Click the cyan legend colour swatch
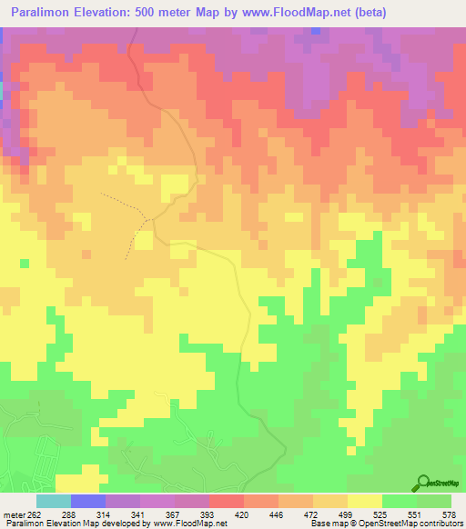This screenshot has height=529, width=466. coord(54,501)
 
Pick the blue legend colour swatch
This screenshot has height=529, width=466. coord(88,501)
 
